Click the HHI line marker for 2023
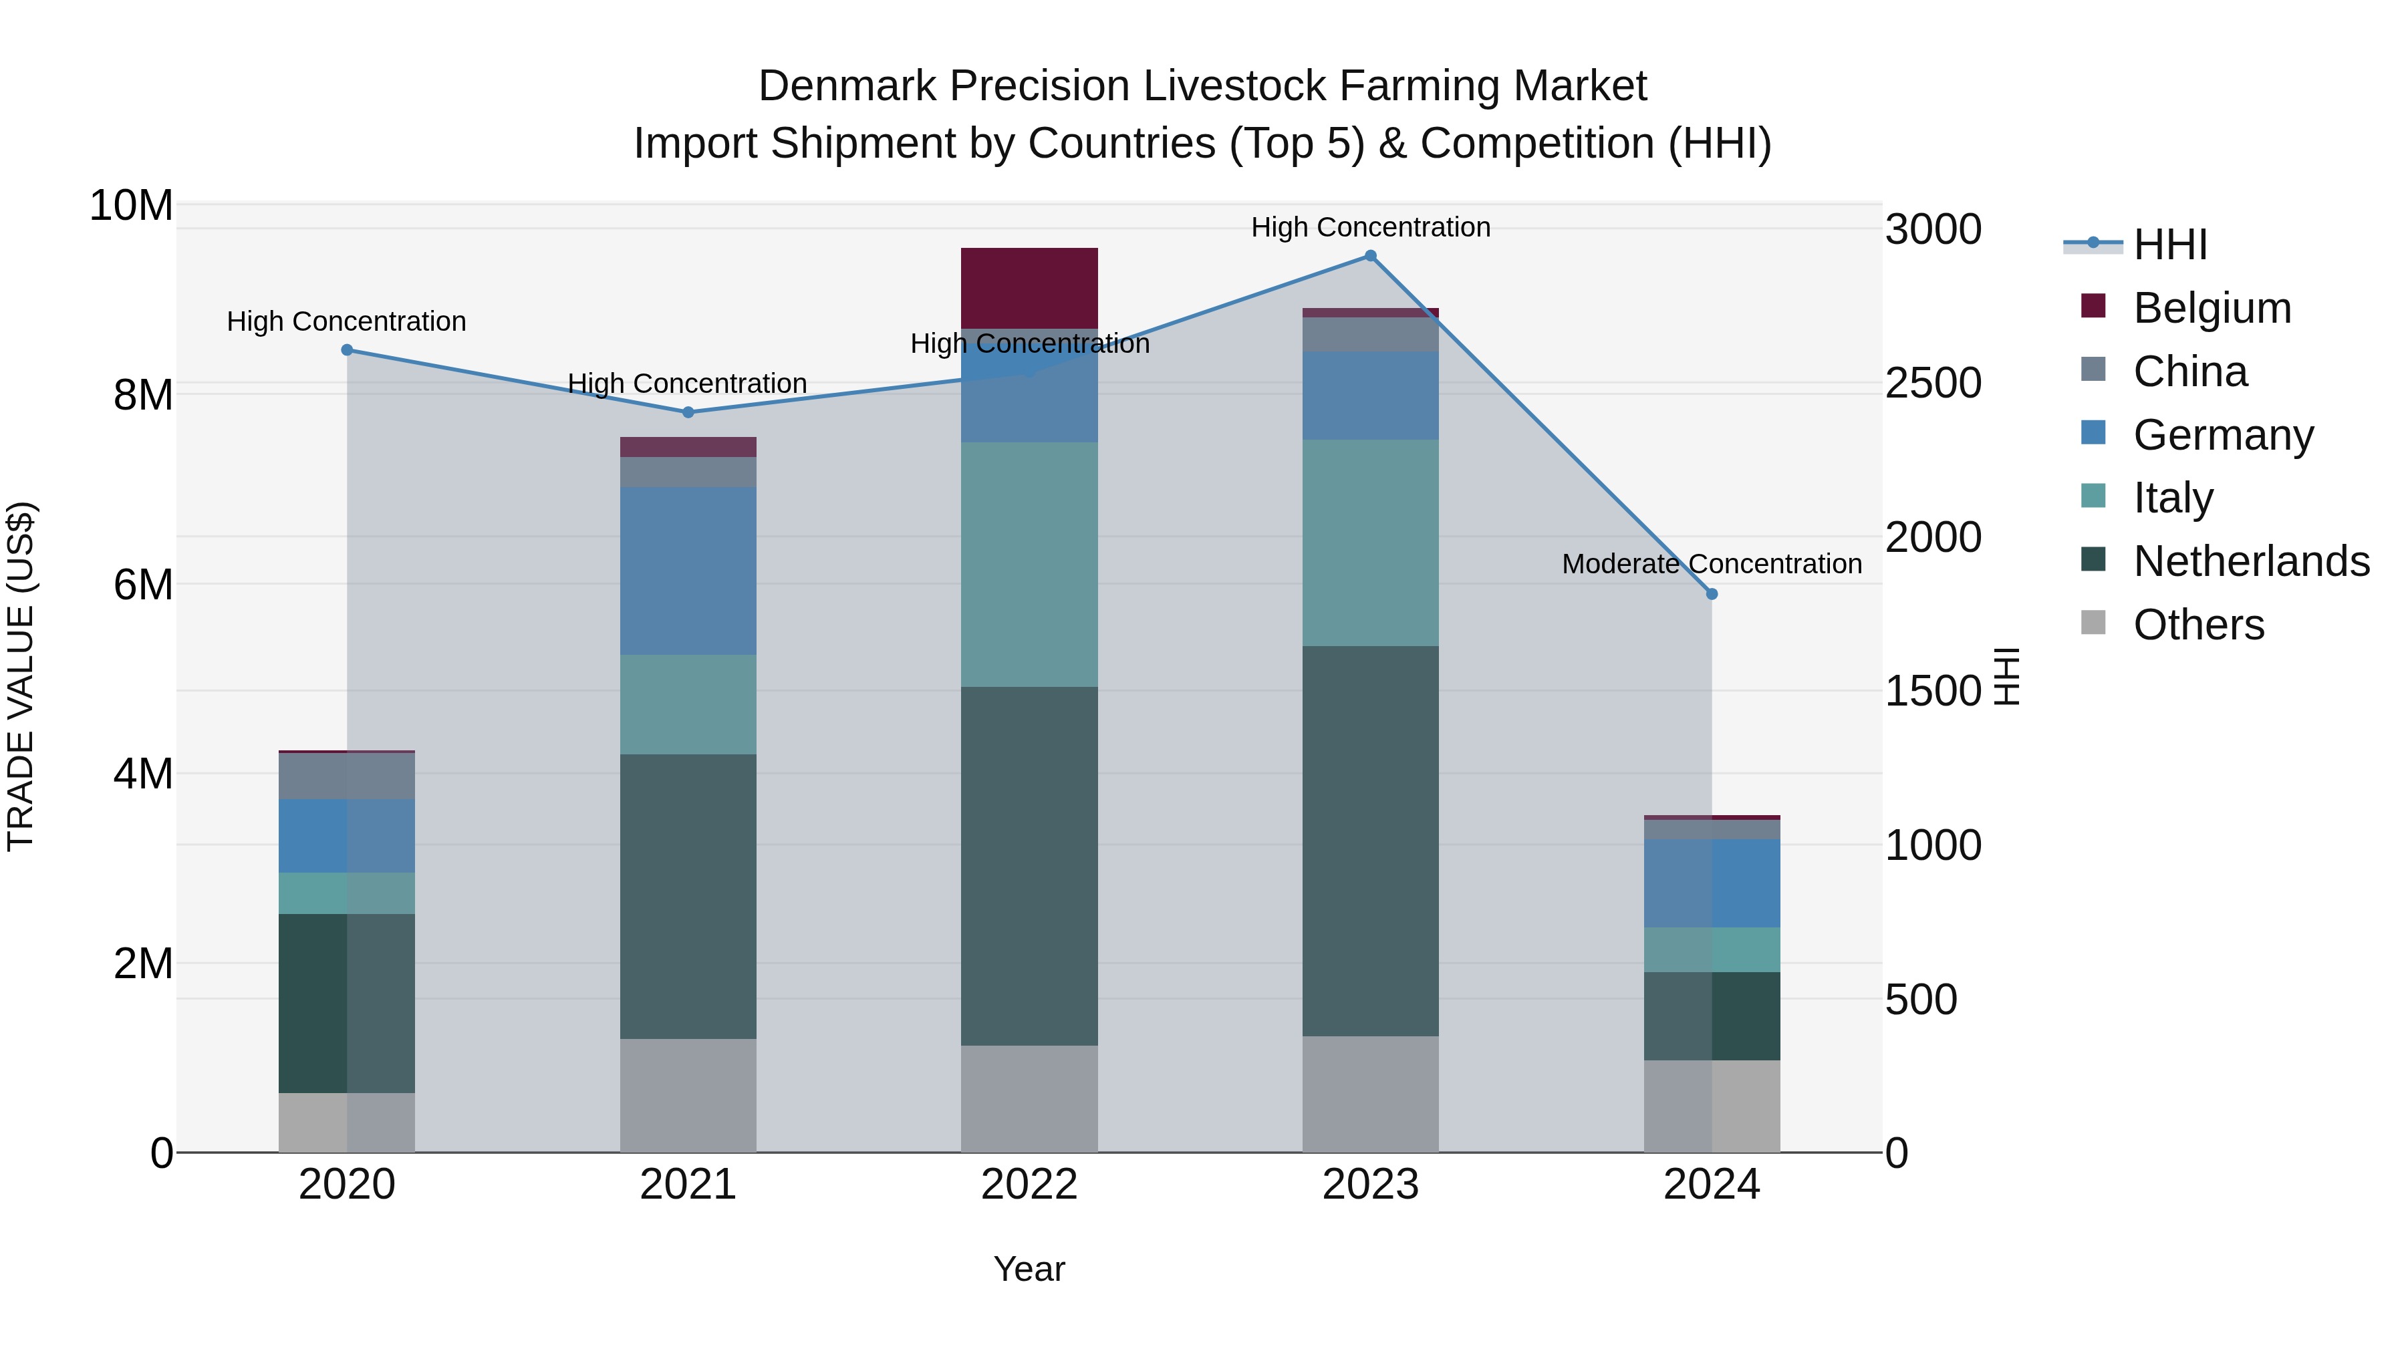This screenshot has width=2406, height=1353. pyautogui.click(x=1370, y=256)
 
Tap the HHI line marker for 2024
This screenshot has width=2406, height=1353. pyautogui.click(x=1711, y=594)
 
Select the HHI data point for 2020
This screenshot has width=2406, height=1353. pyautogui.click(x=346, y=350)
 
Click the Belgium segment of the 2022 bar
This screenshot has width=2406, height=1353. pyautogui.click(x=1029, y=287)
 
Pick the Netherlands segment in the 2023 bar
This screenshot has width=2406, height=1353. pyautogui.click(x=1370, y=841)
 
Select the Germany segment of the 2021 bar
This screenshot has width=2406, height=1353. pyautogui.click(x=688, y=571)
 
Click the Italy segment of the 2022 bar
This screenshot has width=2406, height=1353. pyautogui.click(x=1029, y=564)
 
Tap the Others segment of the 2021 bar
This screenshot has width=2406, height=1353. pyautogui.click(x=688, y=1095)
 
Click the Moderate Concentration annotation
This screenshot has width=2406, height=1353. pyautogui.click(x=1711, y=564)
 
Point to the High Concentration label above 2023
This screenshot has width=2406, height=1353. pyautogui.click(x=1370, y=227)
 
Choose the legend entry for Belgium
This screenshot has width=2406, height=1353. pyautogui.click(x=2212, y=308)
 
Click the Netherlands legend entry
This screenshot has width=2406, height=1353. pyautogui.click(x=2251, y=561)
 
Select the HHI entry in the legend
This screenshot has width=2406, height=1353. pyautogui.click(x=2169, y=245)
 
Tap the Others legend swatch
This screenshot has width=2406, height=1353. pyautogui.click(x=2093, y=623)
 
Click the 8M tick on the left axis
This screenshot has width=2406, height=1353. pyautogui.click(x=143, y=395)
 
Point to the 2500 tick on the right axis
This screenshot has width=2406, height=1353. pyautogui.click(x=1932, y=383)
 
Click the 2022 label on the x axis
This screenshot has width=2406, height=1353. pyautogui.click(x=1029, y=1185)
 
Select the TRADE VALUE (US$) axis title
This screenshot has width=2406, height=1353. pyautogui.click(x=21, y=676)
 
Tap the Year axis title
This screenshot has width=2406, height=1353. pyautogui.click(x=1029, y=1269)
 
